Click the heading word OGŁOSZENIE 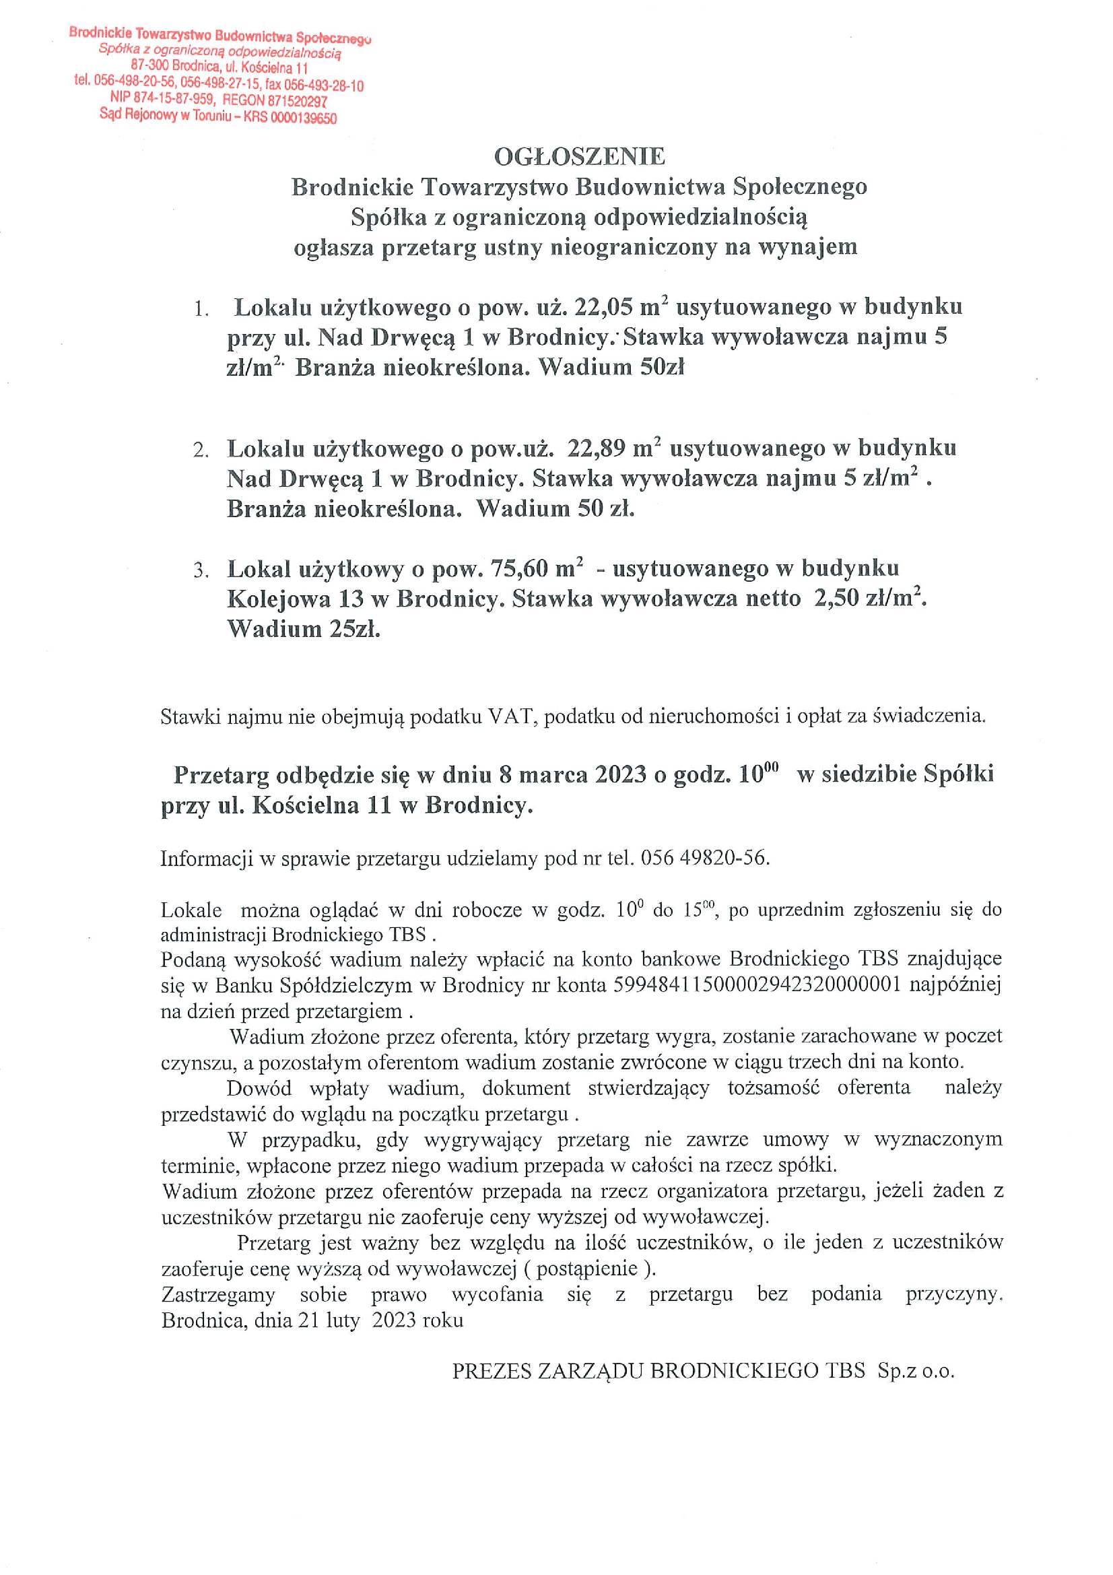pos(580,156)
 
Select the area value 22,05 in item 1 pos(603,306)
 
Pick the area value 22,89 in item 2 pos(597,448)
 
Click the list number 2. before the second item pos(200,450)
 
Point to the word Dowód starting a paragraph pos(259,1089)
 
